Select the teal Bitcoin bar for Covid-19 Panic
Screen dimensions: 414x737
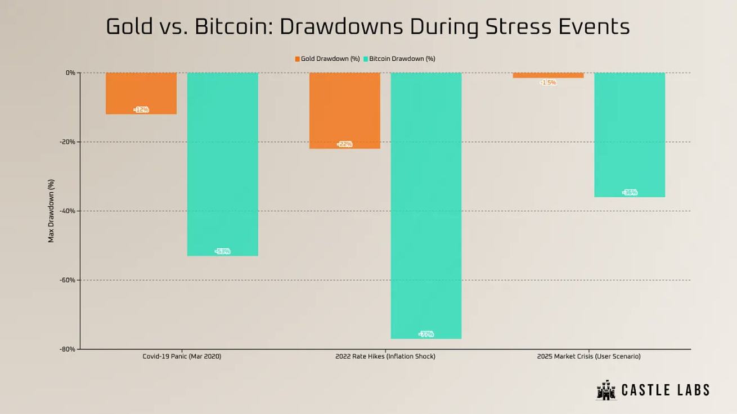point(223,163)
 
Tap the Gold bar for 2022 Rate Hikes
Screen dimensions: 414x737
point(345,110)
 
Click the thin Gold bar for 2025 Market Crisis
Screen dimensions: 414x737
point(548,75)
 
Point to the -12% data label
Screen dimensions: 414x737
point(141,110)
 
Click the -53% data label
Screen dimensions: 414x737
point(223,251)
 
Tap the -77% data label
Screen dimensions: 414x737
point(426,334)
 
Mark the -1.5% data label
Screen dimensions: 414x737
point(548,83)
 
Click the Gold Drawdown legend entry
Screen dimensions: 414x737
point(327,58)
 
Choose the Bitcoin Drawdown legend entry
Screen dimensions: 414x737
point(399,58)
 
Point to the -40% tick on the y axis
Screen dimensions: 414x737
point(68,211)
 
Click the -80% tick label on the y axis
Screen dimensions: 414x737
point(68,349)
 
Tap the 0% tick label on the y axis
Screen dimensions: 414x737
point(70,72)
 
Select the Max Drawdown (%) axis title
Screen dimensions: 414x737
point(51,211)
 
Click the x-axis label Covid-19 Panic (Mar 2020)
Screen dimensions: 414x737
point(182,356)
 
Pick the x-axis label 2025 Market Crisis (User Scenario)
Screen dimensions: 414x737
point(588,356)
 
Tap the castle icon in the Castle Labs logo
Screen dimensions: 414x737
point(606,390)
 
